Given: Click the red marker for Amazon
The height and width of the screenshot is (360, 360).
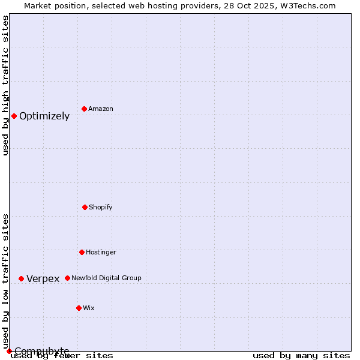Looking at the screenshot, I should [x=84, y=109].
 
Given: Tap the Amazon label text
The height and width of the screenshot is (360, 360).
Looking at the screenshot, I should [x=101, y=109].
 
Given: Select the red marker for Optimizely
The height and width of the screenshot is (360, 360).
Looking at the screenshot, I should [x=14, y=116].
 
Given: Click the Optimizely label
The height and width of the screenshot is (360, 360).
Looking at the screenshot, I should [x=44, y=116].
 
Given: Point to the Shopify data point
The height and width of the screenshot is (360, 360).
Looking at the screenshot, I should [x=85, y=207].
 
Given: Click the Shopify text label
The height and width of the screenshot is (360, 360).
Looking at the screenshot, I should [x=101, y=207].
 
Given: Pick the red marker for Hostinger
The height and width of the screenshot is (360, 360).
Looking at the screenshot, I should [x=82, y=252].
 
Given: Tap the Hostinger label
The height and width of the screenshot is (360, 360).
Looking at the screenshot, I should [x=101, y=252].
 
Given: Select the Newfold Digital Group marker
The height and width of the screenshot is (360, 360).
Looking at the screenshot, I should [x=67, y=278].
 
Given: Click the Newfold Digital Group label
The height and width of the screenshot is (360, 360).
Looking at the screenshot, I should [x=106, y=278].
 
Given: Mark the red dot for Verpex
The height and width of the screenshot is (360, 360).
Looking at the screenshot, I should [x=21, y=278].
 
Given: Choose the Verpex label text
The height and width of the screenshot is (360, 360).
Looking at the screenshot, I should [x=43, y=279].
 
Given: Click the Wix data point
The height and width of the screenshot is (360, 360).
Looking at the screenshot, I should [x=79, y=308].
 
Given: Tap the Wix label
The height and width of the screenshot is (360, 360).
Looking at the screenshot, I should [x=89, y=308].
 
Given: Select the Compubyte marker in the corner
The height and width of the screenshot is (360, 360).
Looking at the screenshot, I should [x=9, y=351].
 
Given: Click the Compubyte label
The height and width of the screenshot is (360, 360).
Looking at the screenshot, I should [x=42, y=351].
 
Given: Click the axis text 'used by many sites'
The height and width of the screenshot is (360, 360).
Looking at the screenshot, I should [x=301, y=355].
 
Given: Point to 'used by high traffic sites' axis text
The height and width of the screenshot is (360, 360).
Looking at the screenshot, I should [x=5, y=85].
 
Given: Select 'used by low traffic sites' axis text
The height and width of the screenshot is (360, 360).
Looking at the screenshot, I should [x=5, y=281].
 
